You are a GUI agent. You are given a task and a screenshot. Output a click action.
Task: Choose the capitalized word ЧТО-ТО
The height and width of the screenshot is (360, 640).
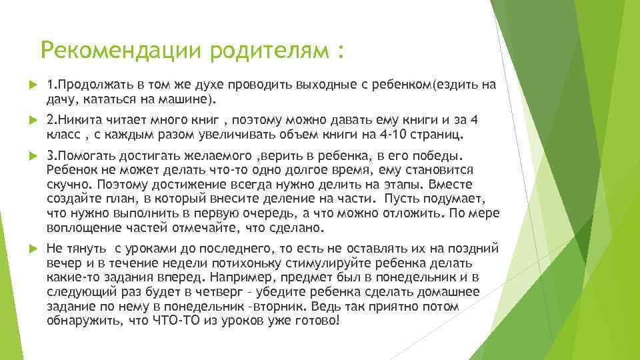point(174,320)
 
